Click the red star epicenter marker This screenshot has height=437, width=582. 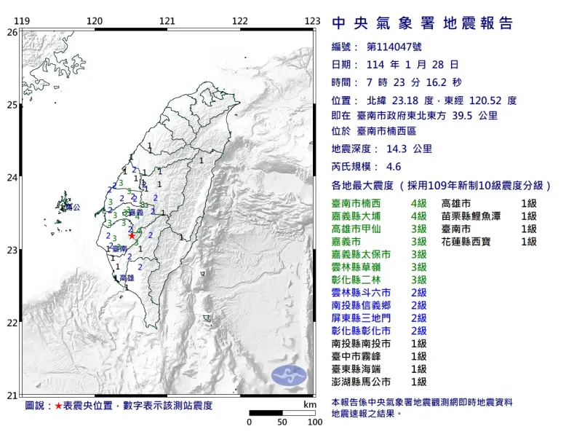(x=132, y=235)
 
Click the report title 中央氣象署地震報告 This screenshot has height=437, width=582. (x=423, y=23)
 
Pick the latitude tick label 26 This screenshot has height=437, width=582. (x=12, y=32)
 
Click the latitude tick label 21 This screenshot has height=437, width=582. (x=12, y=395)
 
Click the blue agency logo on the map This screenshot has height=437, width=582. (x=290, y=376)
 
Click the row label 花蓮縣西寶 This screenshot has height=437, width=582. (x=471, y=241)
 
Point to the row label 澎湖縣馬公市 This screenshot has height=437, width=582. (x=361, y=381)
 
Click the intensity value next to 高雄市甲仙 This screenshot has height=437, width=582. (x=418, y=229)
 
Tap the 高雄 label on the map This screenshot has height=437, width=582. (x=127, y=278)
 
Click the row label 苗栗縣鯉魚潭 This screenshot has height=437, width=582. (x=475, y=216)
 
